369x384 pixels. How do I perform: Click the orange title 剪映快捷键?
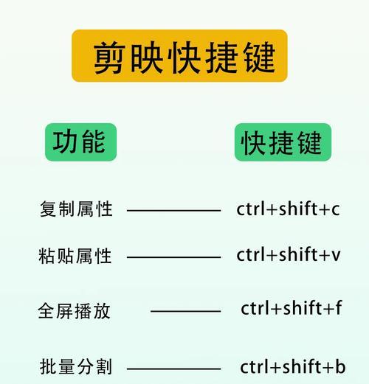[x=179, y=56]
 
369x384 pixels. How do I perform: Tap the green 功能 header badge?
[x=80, y=142]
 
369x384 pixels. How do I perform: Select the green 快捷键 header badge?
[x=283, y=142]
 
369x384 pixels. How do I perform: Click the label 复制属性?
[x=76, y=209]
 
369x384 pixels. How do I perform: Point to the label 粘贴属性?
[x=75, y=256]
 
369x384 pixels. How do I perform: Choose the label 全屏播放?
[x=74, y=311]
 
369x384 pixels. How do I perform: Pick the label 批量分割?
[x=76, y=366]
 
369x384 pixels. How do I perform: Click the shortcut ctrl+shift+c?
[x=288, y=209]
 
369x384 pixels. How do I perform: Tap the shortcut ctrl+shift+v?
[x=289, y=254]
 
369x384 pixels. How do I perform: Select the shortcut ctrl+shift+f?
[x=292, y=307]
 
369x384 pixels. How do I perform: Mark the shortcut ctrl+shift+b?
[x=293, y=366]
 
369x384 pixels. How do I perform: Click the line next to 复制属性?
[x=173, y=211]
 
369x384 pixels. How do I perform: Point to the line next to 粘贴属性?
[x=173, y=257]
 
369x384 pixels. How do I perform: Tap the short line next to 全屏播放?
[x=186, y=311]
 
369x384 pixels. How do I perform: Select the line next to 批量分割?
[x=173, y=369]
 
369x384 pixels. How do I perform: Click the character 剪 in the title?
[x=109, y=57]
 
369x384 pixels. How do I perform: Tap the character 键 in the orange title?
[x=260, y=57]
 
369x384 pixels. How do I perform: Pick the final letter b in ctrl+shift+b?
[x=340, y=366]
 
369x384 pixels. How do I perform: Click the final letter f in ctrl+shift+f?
[x=339, y=307]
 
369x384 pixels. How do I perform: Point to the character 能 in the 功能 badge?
[x=94, y=142]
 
